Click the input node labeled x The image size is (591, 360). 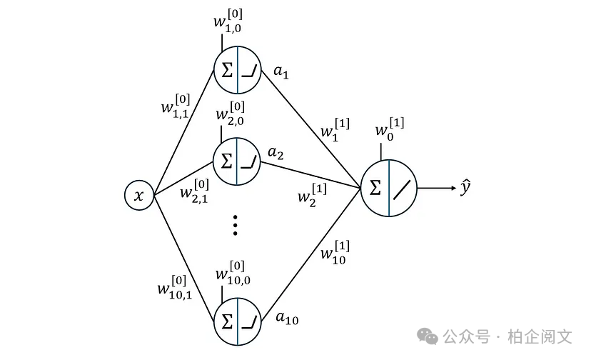(x=140, y=195)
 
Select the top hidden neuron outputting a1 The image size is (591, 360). (x=237, y=72)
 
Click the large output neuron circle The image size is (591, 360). (x=388, y=189)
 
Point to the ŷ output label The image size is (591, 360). (x=465, y=189)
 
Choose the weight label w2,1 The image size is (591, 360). (x=194, y=190)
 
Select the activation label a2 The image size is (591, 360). (x=276, y=153)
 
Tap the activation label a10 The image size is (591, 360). (x=287, y=319)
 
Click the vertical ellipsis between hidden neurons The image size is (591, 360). (x=236, y=226)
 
